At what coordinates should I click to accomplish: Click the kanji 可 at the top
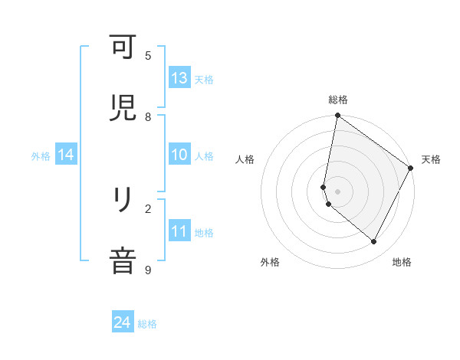coord(123,48)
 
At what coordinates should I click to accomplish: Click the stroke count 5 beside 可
coord(148,56)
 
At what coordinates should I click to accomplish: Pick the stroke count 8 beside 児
coord(148,116)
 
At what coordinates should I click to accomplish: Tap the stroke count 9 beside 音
coord(148,270)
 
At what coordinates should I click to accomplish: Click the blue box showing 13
coord(179,78)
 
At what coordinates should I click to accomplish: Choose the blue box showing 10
coord(179,155)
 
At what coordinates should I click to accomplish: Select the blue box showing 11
coord(179,231)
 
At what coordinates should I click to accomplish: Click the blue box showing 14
coord(66,155)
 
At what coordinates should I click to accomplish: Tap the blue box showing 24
coord(123,323)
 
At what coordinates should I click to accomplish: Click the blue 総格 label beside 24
coord(147,324)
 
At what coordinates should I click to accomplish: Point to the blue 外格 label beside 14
coord(41,156)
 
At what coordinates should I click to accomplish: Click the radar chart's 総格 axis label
coord(338,100)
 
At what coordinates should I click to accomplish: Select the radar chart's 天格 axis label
coord(431,159)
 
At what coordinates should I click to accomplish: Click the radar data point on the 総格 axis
coord(337,116)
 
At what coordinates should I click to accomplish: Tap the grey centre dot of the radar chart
coord(337,191)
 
